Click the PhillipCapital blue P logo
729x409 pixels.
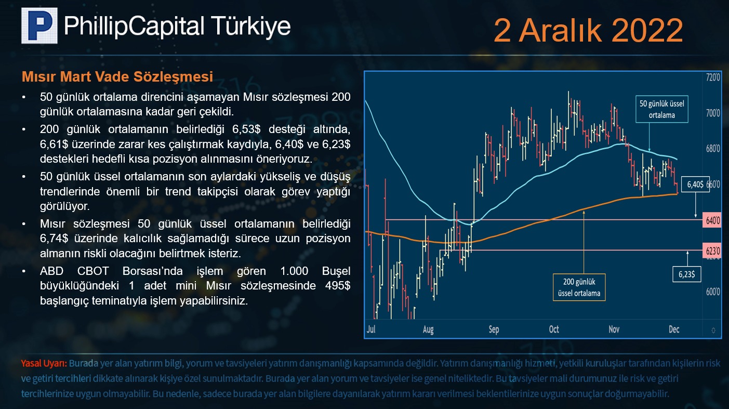[39, 25]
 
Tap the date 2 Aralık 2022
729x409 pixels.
[588, 30]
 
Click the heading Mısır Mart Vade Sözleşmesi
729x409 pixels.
[117, 77]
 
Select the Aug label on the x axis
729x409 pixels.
[428, 329]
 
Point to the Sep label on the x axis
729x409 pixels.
[494, 329]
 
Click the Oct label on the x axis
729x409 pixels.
[554, 329]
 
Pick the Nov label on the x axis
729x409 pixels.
[614, 329]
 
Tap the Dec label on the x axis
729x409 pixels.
[674, 329]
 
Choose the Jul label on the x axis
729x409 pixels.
[371, 329]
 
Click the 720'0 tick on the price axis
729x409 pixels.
[713, 78]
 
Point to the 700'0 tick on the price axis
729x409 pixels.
[713, 113]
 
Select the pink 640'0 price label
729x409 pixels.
[712, 220]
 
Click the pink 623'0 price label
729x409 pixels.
[712, 250]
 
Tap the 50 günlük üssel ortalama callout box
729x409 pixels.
[661, 109]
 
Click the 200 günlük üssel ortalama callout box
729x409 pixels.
[579, 287]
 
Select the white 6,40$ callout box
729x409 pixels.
[695, 184]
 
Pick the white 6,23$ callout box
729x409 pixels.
[687, 274]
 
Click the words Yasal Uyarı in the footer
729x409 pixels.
[44, 363]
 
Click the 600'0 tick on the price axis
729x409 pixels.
[713, 292]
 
